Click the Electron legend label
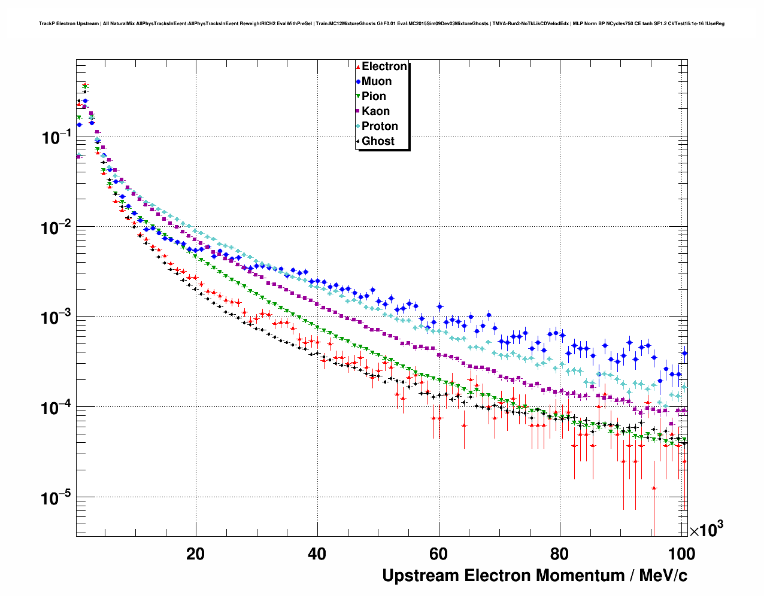click(x=384, y=66)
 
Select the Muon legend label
click(x=377, y=81)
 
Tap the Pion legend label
click(x=374, y=96)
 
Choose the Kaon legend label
click(x=375, y=111)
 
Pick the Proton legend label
click(x=380, y=126)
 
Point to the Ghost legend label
click(x=378, y=141)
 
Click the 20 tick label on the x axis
click(x=196, y=554)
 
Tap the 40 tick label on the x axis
click(x=317, y=554)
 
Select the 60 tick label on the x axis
click(x=439, y=554)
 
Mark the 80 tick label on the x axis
click(x=560, y=554)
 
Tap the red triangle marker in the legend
click(x=358, y=66)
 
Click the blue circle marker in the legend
click(x=358, y=81)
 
